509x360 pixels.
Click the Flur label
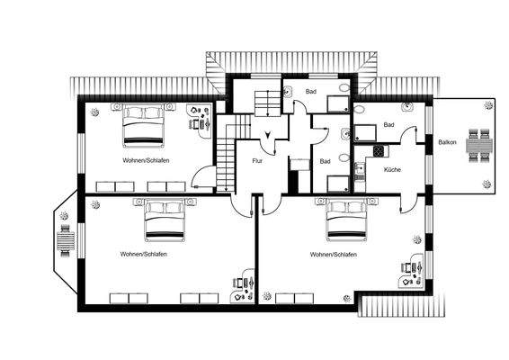[x=257, y=160]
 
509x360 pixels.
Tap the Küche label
[x=392, y=169]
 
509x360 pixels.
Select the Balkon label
[x=446, y=143]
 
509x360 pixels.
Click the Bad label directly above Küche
[x=388, y=124]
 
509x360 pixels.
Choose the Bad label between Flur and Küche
[x=326, y=161]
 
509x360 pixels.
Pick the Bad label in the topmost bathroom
[x=311, y=91]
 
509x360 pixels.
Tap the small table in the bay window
[x=65, y=241]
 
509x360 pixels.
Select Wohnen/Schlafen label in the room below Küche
[x=334, y=255]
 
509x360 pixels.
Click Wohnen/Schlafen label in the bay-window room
[x=143, y=254]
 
